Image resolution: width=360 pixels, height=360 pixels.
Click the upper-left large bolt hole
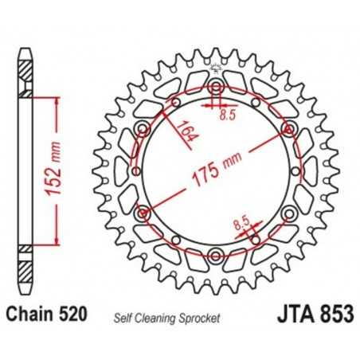click(x=143, y=128)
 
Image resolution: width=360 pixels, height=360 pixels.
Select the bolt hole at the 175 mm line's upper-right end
click(x=288, y=128)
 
